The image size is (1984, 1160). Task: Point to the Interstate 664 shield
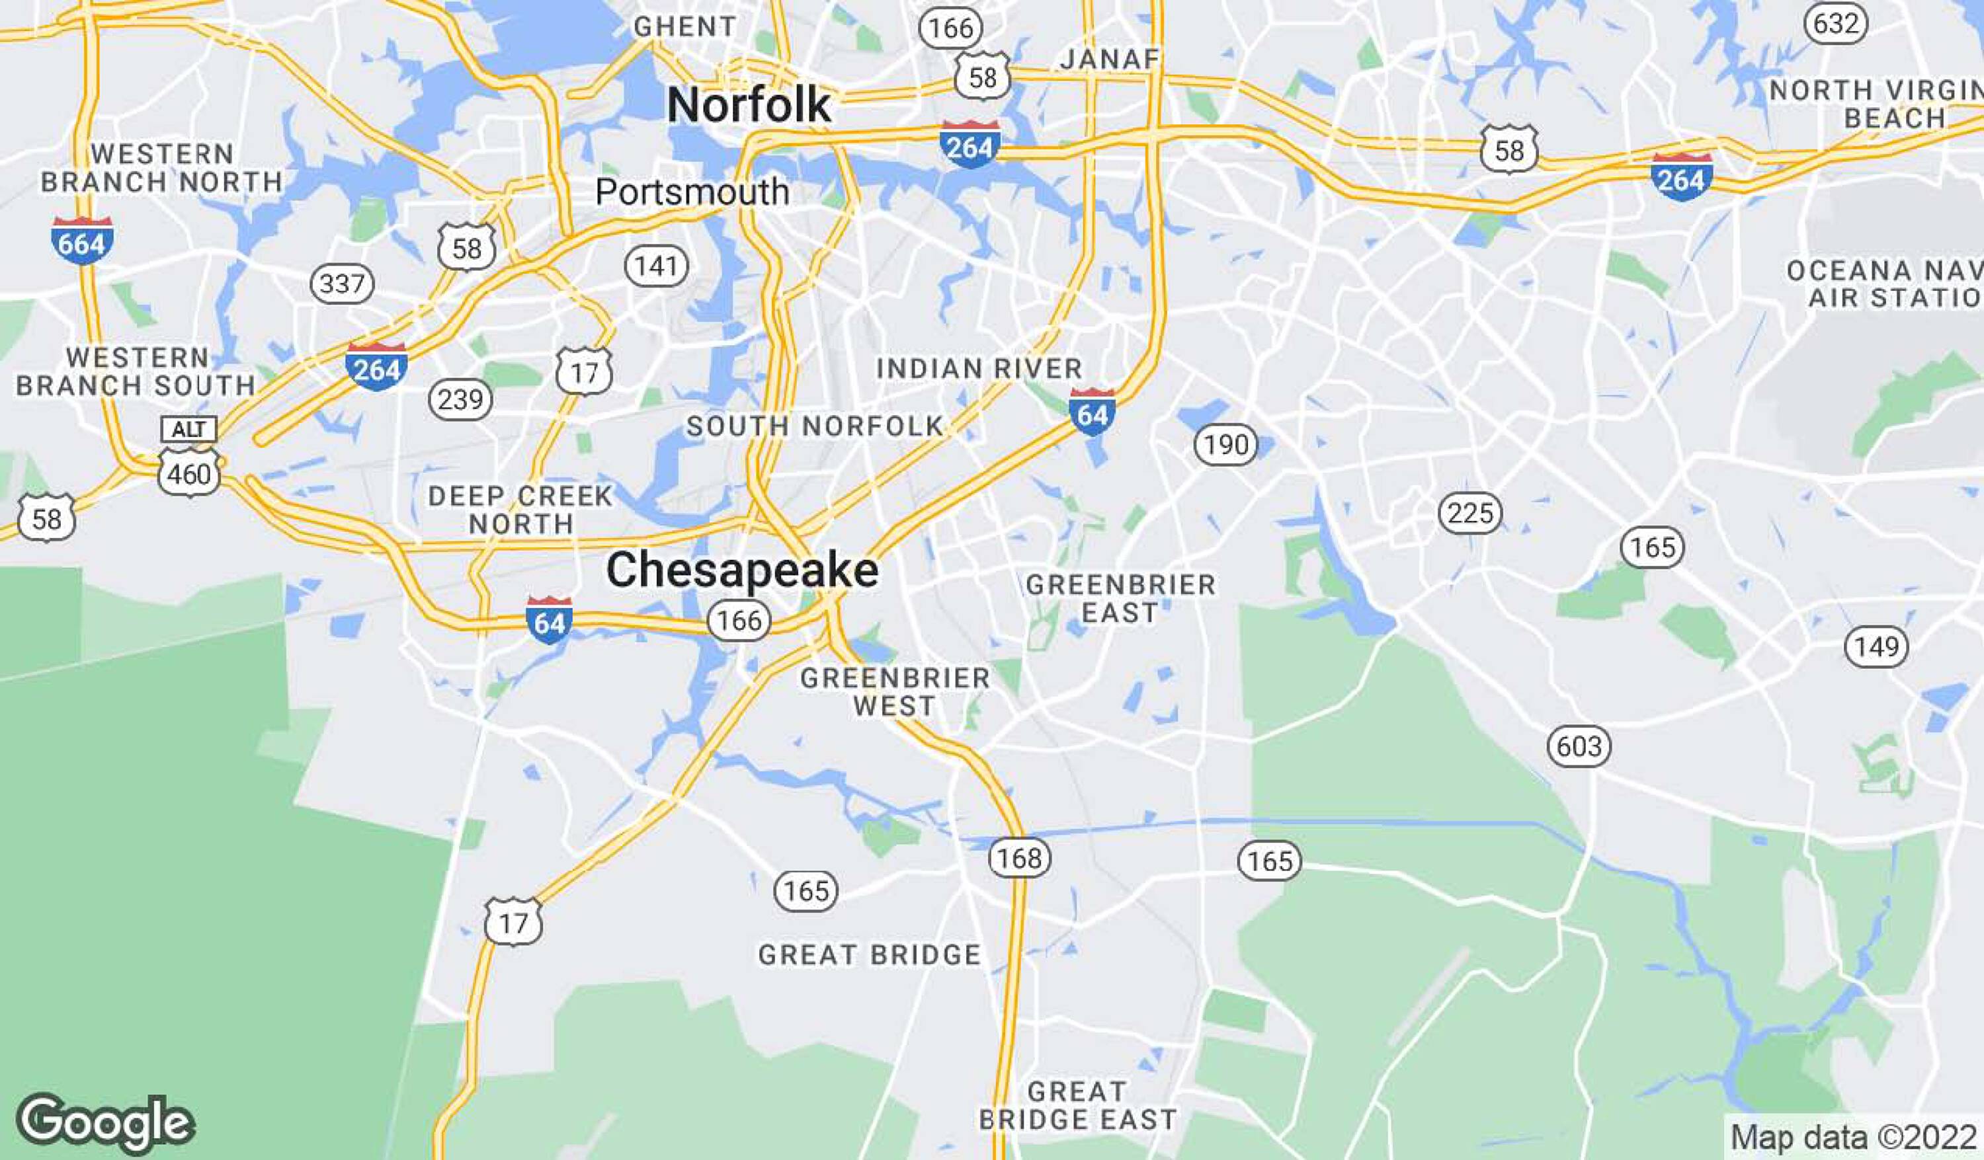(x=82, y=241)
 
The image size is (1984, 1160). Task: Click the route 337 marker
(x=342, y=284)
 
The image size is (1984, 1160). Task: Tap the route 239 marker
(x=460, y=400)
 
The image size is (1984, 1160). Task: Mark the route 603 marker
(x=1579, y=746)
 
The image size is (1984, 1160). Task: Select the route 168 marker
(x=1020, y=857)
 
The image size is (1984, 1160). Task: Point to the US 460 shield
(x=189, y=474)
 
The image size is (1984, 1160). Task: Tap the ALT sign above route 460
(x=189, y=430)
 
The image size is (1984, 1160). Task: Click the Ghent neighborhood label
(x=685, y=26)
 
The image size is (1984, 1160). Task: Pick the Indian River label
(x=979, y=368)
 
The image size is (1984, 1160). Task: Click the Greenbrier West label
(x=895, y=692)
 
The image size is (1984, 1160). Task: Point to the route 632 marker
(x=1836, y=24)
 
